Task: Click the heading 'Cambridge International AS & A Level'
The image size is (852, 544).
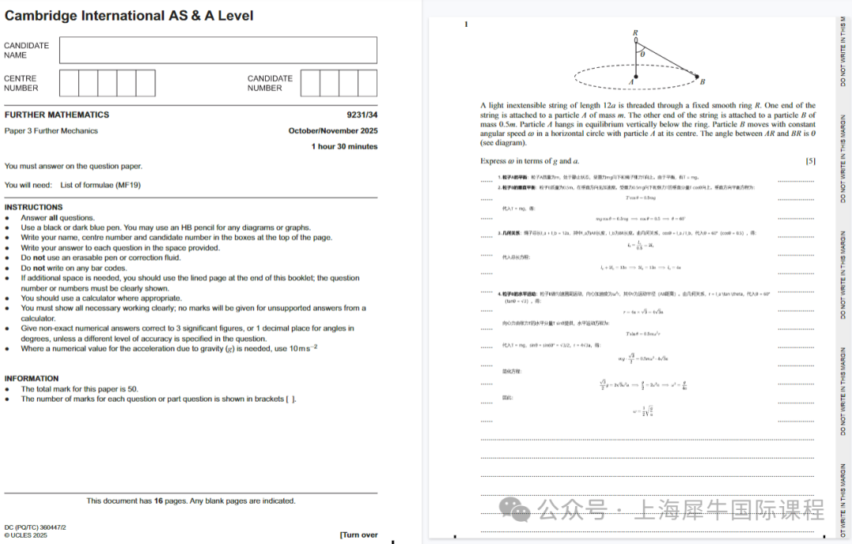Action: pos(129,16)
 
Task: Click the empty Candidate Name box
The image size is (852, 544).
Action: pos(218,51)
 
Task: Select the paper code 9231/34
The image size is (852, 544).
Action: pos(362,114)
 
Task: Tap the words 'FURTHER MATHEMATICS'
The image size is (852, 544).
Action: pos(57,114)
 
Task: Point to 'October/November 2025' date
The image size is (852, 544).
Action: pos(333,131)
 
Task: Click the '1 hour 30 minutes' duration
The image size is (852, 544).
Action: pos(344,146)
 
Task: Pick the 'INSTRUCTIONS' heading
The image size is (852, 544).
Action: pos(33,207)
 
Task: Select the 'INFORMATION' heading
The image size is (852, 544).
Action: pos(32,378)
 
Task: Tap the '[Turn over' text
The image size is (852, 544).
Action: pos(359,535)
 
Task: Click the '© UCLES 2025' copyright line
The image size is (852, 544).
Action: pos(25,535)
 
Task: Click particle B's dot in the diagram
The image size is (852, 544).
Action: pos(697,77)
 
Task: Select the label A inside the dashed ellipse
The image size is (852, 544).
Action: pos(631,81)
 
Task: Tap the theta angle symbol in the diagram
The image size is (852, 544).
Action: pos(642,54)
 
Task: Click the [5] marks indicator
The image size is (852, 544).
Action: pos(810,161)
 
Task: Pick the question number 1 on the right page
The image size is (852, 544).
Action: pos(466,24)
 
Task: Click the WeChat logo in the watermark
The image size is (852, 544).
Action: pos(518,509)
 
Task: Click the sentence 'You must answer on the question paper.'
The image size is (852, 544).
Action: pos(73,166)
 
